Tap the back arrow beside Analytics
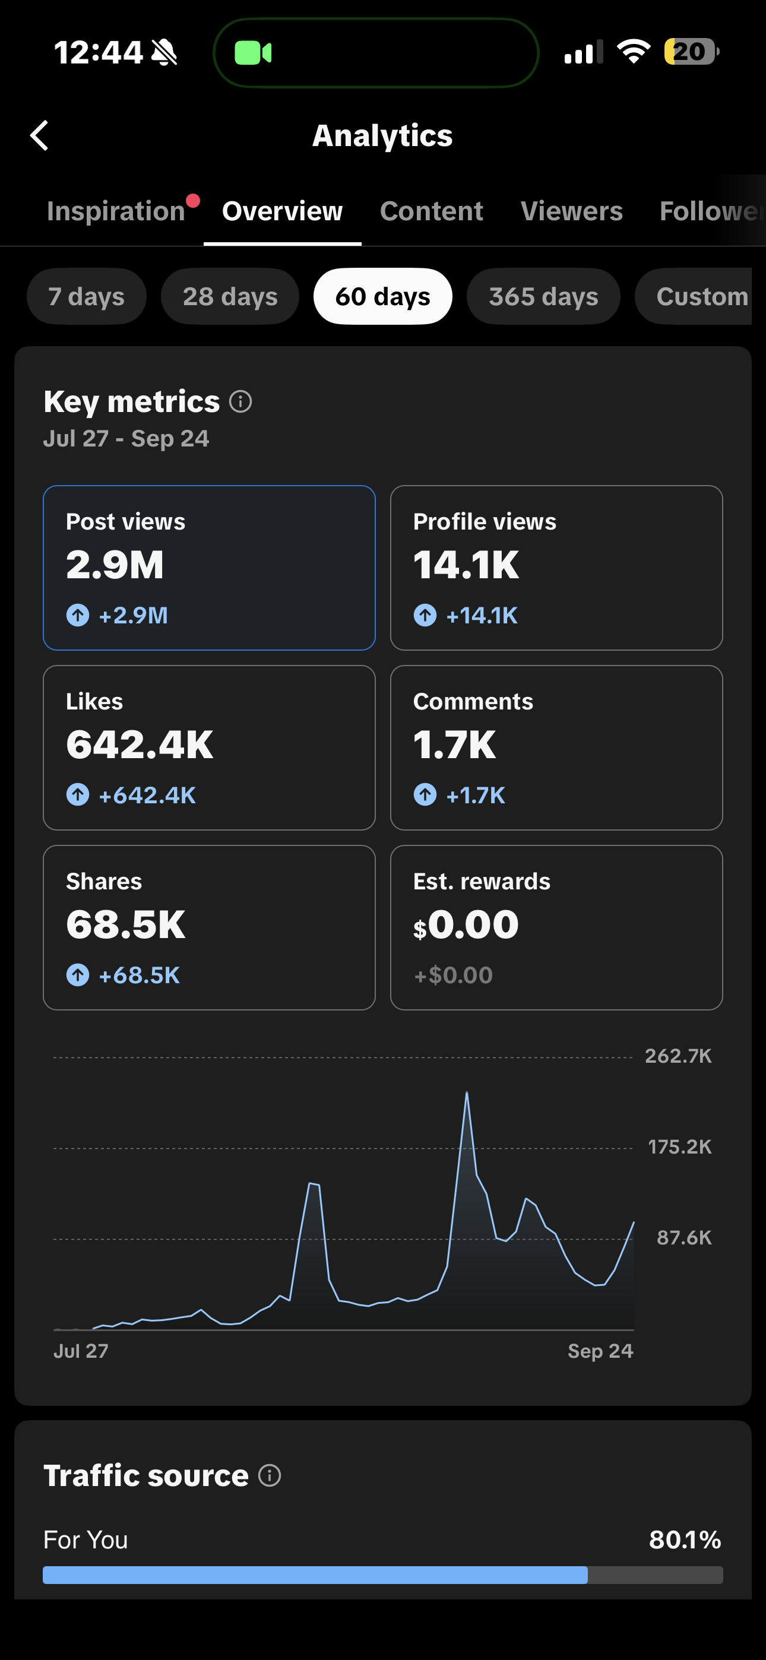(x=39, y=135)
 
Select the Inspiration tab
(x=116, y=211)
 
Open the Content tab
(x=431, y=211)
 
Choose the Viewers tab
(x=571, y=211)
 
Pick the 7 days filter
(x=87, y=296)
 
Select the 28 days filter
(x=230, y=296)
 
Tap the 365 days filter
(x=543, y=296)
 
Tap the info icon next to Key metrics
(x=240, y=401)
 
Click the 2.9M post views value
(x=115, y=565)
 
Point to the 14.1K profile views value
(x=466, y=565)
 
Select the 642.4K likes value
(x=140, y=745)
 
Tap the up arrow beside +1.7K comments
(x=425, y=794)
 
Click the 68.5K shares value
(x=126, y=925)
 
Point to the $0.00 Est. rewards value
(x=466, y=925)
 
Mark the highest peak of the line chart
(x=467, y=1092)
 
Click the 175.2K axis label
(x=679, y=1147)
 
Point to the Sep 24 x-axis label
(x=600, y=1351)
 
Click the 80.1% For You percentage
(x=685, y=1539)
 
